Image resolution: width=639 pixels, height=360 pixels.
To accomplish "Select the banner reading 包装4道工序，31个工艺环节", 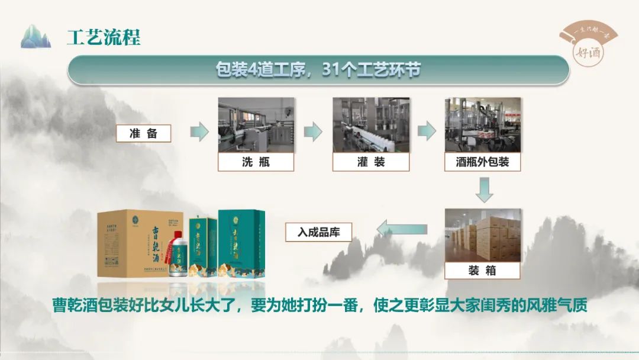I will point(318,70).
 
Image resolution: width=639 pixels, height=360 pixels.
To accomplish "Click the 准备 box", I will point(144,133).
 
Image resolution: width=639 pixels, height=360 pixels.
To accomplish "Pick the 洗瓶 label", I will point(256,162).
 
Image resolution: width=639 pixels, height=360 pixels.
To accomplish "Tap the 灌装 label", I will point(370,162).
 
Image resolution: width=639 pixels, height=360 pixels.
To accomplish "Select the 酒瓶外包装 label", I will point(482,162).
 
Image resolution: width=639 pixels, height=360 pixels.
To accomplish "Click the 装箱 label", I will point(482,271).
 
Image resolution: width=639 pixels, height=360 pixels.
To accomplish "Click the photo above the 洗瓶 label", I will point(256,125).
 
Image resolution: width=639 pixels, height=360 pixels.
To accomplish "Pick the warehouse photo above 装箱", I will point(483,234).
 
